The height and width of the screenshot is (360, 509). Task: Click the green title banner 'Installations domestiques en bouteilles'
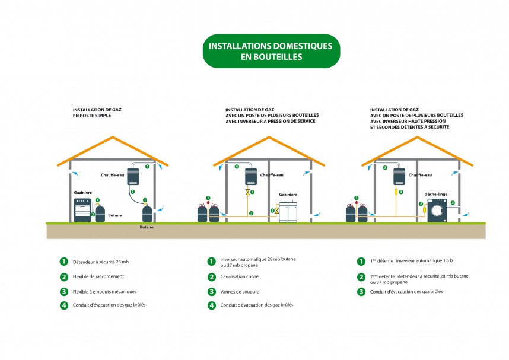(x=271, y=51)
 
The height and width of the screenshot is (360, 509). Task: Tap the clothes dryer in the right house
(x=438, y=210)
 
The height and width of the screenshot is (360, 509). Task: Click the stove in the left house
(x=82, y=210)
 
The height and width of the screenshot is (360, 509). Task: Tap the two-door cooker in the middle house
(x=290, y=211)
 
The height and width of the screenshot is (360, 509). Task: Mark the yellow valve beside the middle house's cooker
(x=276, y=210)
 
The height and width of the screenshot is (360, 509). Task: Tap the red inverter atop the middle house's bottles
(x=208, y=203)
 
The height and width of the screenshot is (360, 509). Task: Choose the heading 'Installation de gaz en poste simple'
(x=92, y=113)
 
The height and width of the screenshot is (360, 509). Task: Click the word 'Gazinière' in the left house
(x=83, y=194)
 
